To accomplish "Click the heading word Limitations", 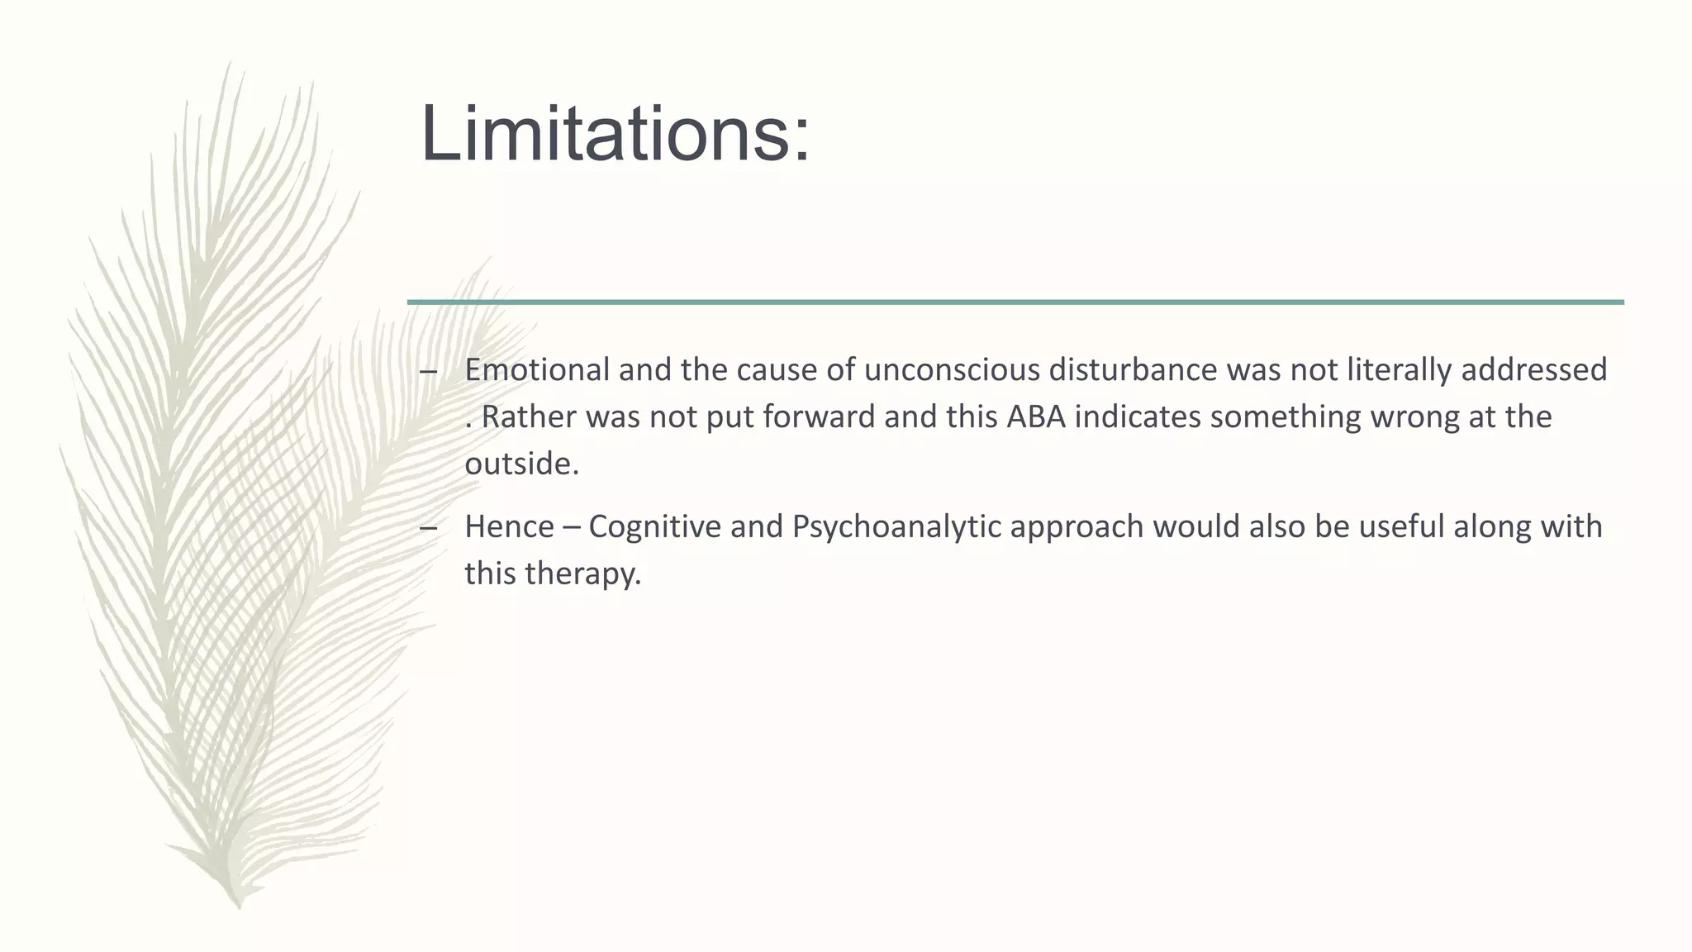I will [615, 135].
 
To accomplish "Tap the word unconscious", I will [951, 369].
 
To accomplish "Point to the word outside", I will [521, 464].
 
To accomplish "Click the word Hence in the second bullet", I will [509, 526].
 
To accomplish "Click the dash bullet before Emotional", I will [428, 371].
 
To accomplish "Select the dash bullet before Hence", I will [428, 528].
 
